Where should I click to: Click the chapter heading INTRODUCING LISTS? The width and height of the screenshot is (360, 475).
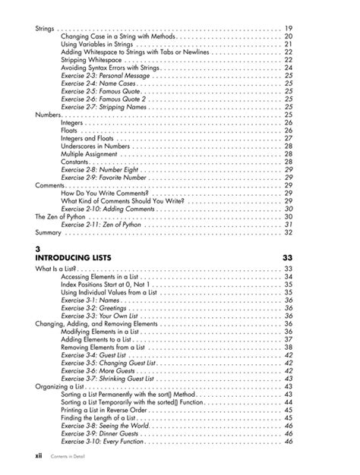click(x=74, y=259)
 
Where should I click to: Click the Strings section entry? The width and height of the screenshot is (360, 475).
click(x=45, y=29)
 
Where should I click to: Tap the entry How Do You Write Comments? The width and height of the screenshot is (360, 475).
click(x=105, y=193)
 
